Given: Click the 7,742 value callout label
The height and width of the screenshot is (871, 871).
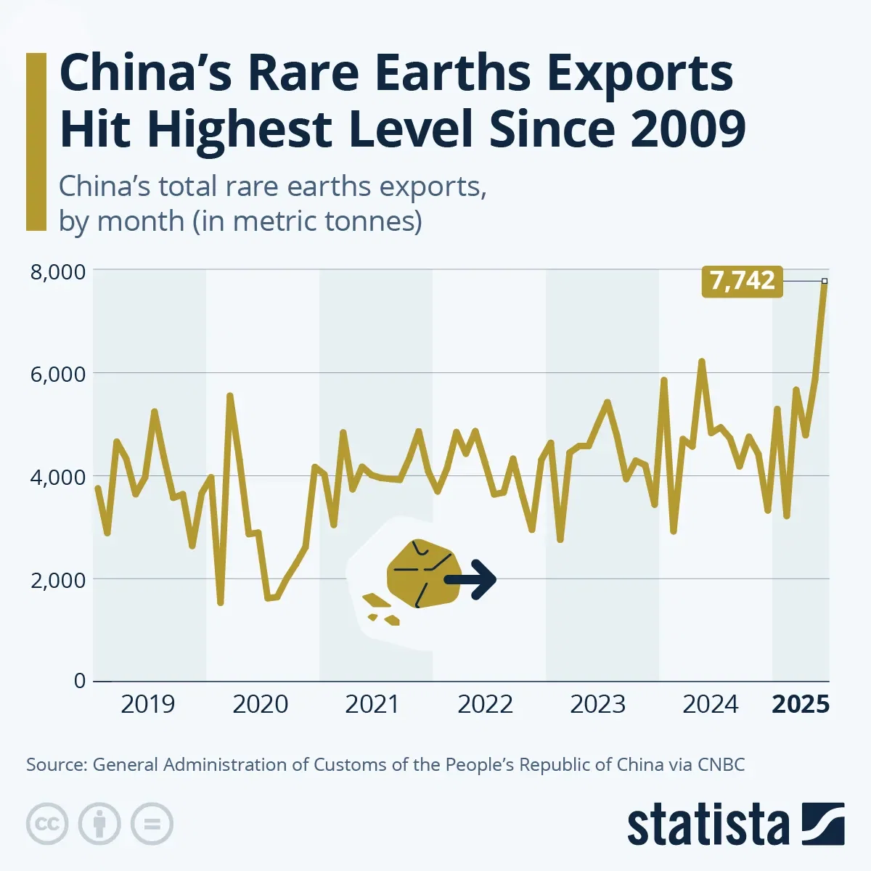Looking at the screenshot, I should [x=742, y=281].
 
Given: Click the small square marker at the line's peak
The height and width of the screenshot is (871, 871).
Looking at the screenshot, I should [x=824, y=281].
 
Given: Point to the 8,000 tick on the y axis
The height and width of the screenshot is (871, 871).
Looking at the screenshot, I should [x=57, y=271].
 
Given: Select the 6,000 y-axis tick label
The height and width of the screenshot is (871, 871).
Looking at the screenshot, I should [x=57, y=375].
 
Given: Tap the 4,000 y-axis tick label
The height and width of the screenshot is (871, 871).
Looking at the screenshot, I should [x=57, y=478].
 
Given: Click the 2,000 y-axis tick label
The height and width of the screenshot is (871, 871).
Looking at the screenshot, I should [x=57, y=580].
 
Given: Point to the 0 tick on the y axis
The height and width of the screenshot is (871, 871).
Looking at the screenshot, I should [x=79, y=681].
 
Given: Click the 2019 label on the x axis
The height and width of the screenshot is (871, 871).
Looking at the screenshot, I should [x=147, y=704].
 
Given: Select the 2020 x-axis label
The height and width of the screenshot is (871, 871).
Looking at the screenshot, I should [x=260, y=704].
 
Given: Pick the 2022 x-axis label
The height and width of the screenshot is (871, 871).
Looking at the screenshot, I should [x=485, y=704].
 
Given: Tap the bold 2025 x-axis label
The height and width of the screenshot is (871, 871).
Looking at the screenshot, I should [x=800, y=704].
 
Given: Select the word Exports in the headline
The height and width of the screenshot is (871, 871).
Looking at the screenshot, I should [x=639, y=73].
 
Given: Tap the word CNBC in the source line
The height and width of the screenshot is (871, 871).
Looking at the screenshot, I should [x=721, y=764].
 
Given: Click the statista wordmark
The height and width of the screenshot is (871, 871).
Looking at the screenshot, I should [x=708, y=825].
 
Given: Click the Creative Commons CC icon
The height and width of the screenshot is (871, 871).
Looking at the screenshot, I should [x=47, y=824].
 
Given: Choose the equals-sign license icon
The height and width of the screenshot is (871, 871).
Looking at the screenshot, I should [x=152, y=824].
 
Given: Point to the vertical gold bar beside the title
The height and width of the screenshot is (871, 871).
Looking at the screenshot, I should [x=36, y=142].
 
